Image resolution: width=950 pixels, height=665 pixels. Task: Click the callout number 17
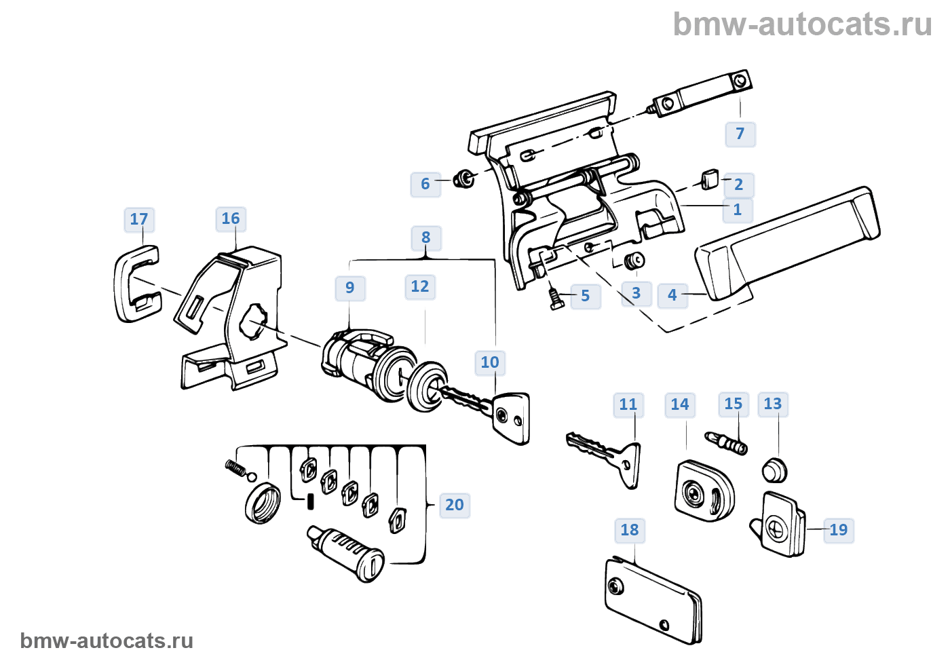(x=139, y=219)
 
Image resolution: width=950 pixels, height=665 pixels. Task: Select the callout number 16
(x=231, y=218)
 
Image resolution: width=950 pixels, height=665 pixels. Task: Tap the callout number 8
(x=426, y=237)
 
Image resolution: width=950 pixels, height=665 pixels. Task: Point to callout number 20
(x=455, y=505)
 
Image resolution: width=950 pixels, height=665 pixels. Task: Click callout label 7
(x=740, y=134)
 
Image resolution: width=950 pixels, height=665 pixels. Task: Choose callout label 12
(x=420, y=286)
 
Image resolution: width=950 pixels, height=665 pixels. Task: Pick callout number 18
(x=630, y=530)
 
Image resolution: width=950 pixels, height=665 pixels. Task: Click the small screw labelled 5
(x=556, y=299)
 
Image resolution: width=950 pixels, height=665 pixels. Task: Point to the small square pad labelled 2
(x=710, y=180)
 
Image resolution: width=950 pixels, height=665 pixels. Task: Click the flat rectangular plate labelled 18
(x=651, y=601)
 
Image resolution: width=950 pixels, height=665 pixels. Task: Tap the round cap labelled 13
(x=774, y=469)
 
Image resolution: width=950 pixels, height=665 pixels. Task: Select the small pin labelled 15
(x=727, y=443)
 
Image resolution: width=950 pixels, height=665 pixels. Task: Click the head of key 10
(x=512, y=416)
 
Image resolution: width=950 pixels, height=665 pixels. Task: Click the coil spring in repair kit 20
(x=234, y=468)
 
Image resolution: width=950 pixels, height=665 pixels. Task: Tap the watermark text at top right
(x=802, y=24)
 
